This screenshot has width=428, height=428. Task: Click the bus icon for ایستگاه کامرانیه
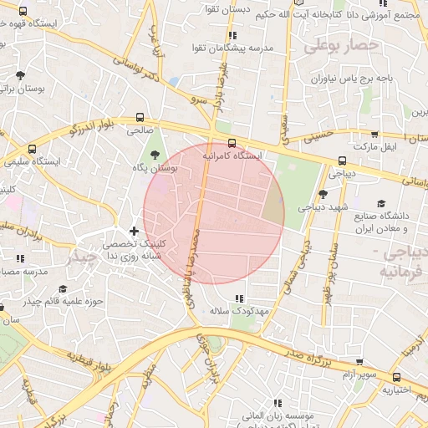coord(232,143)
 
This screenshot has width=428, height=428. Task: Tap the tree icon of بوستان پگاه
coord(155,154)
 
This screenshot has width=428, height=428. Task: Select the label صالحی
coord(140,130)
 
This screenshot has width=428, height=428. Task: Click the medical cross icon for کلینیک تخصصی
coord(134,230)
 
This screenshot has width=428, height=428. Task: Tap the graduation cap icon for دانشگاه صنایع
coord(382,203)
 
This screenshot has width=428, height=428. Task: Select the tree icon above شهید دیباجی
coord(324,193)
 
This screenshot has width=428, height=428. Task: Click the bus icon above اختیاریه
coord(397,377)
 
